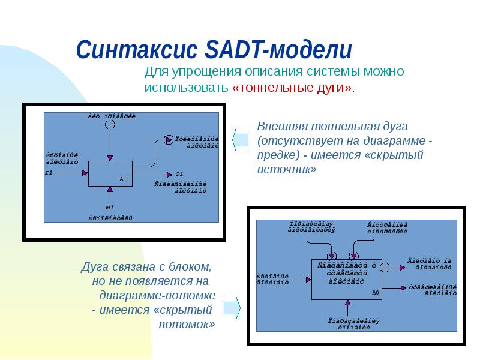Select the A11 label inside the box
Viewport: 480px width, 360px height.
pos(125,179)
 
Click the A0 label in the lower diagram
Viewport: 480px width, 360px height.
pos(376,293)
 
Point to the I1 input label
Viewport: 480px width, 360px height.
pos(49,173)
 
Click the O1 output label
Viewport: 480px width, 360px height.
pos(179,173)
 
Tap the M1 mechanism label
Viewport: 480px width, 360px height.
pos(110,207)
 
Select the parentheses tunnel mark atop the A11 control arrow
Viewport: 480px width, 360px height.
pos(110,125)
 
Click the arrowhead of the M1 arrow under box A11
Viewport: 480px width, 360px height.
pos(110,190)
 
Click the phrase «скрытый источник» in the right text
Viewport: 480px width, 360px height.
pos(341,162)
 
